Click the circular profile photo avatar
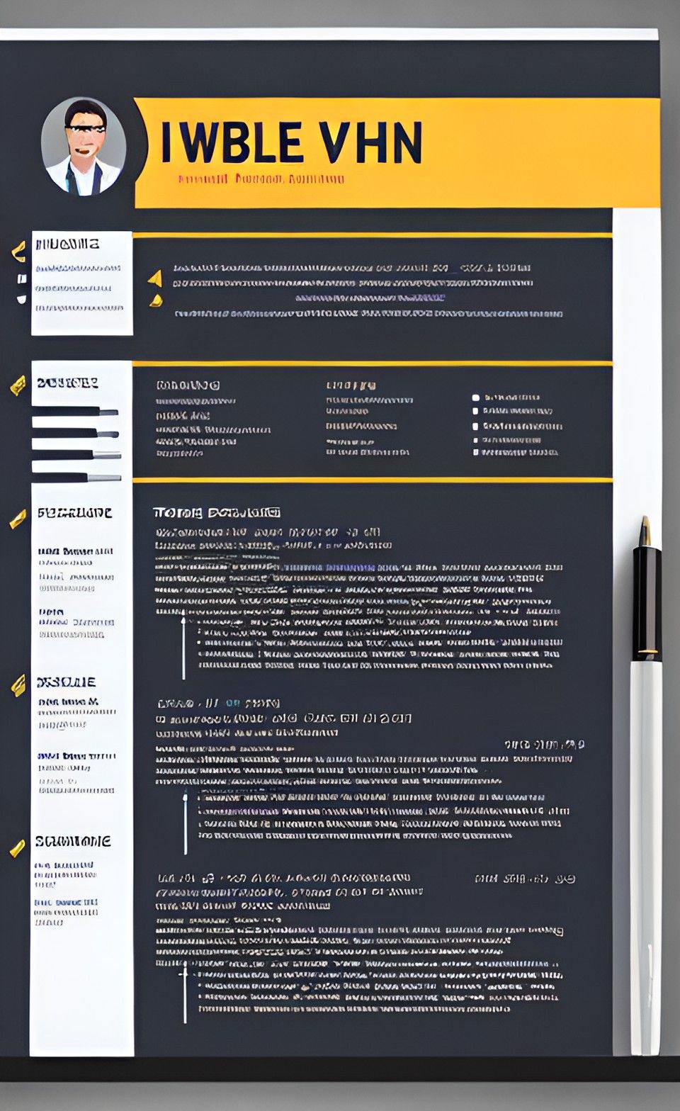coord(84,147)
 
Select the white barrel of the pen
coord(645,850)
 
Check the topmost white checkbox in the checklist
coord(476,398)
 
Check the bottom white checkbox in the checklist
coord(476,452)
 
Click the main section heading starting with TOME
coord(216,512)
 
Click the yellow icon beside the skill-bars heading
coord(18,385)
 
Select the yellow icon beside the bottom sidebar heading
coord(17,847)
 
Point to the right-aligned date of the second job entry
coord(544,745)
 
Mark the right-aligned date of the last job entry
coord(524,879)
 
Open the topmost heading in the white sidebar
coord(67,244)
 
